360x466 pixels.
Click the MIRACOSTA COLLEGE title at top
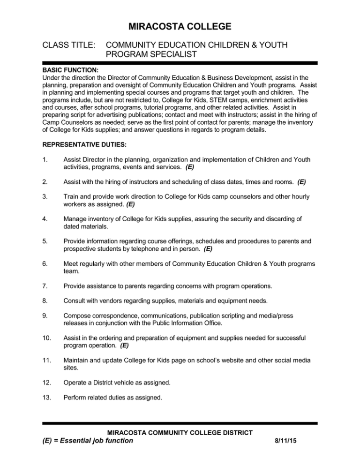coord(180,27)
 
